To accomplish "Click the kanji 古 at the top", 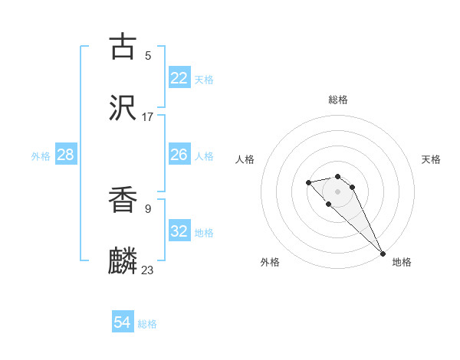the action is coord(123,47).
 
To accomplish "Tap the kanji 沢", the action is coord(123,108).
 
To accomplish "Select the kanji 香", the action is coord(123,201).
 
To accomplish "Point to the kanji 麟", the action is coord(123,261).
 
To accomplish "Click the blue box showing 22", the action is coord(179,77).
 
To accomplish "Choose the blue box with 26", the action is coord(179,155).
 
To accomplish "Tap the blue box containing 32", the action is coord(179,231).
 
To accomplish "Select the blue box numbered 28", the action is coord(66,155).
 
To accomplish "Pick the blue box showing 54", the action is coord(123,322).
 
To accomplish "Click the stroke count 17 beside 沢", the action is coord(148,116).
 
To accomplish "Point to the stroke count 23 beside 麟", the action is coord(148,270).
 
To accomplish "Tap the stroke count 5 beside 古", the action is coord(148,55).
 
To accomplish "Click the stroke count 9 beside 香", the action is coord(148,208).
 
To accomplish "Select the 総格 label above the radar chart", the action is coord(338,100).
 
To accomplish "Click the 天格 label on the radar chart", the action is coord(431,159).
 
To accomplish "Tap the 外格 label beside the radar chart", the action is coord(270,262).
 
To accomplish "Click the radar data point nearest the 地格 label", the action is coord(383,254).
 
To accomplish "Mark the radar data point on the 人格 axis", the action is coord(308,182).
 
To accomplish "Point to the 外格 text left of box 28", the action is coord(41,155).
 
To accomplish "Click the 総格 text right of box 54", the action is coord(148,324).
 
